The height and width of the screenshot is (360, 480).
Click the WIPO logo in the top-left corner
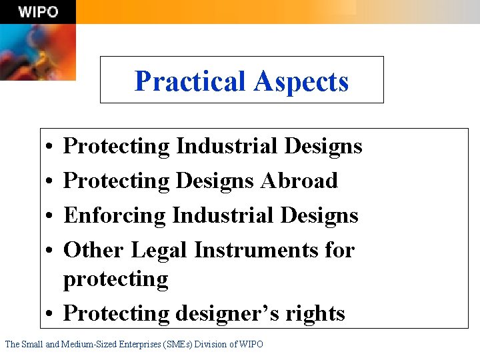pyautogui.click(x=38, y=11)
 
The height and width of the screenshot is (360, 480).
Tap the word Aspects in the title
pyautogui.click(x=301, y=81)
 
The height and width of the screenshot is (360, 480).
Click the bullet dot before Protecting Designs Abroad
pyautogui.click(x=51, y=181)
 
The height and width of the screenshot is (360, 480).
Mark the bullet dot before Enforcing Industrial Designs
pyautogui.click(x=51, y=216)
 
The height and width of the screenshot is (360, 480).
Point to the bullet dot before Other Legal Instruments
pyautogui.click(x=51, y=251)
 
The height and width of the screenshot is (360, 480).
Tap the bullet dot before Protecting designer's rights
pyautogui.click(x=51, y=313)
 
